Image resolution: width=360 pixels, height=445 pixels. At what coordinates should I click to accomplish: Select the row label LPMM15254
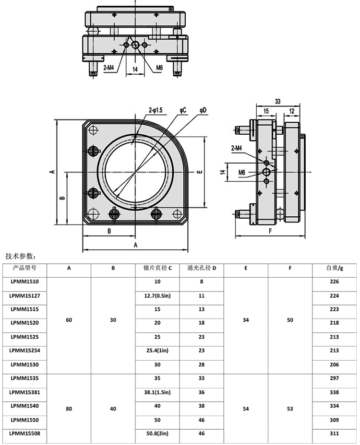pos(24,350)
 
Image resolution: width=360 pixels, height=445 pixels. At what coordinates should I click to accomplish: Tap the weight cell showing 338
pos(334,392)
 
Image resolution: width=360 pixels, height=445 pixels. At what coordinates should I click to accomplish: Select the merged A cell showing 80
pos(69,409)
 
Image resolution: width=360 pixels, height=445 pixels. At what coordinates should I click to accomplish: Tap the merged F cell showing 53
pos(290,409)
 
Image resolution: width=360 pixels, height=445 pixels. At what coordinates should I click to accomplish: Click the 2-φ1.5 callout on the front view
pos(156,110)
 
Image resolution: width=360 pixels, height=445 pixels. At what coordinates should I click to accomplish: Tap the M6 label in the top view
pos(159,68)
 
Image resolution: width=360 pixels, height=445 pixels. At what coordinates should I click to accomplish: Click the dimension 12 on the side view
pos(292,111)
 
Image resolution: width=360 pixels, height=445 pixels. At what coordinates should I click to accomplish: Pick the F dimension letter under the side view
pos(270,231)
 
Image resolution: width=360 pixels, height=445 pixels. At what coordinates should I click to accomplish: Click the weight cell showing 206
pos(334,364)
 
